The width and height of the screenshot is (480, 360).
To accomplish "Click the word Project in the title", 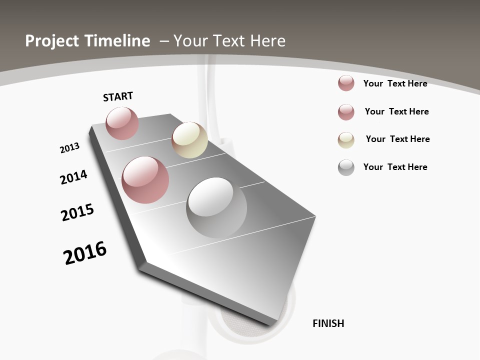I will [x=52, y=41].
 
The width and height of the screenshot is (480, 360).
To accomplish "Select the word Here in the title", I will [x=268, y=41].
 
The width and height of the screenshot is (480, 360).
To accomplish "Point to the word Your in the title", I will [x=190, y=41].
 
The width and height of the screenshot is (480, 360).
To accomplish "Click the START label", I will [x=118, y=96].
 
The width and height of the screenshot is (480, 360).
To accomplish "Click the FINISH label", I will [x=328, y=323].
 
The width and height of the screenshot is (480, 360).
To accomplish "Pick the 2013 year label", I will [x=69, y=148].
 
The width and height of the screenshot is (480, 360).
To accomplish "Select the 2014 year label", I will [x=73, y=177].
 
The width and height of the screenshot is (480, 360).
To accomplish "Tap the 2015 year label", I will [x=77, y=212].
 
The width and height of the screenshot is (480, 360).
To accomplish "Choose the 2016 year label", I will [x=85, y=253].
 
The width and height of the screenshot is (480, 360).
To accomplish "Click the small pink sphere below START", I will [x=122, y=123].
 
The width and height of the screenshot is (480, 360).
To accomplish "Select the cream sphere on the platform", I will [x=189, y=140].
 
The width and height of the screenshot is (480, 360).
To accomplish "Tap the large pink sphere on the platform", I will [x=145, y=180].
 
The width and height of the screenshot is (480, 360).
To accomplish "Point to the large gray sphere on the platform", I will [x=216, y=207].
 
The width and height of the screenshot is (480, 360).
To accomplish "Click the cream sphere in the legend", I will [x=346, y=140].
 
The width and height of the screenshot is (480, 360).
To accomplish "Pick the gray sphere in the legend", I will [x=346, y=167].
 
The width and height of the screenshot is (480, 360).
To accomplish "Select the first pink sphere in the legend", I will [x=346, y=83].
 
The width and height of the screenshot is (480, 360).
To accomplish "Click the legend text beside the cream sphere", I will [x=397, y=139].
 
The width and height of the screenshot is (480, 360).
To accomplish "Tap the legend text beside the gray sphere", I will [x=395, y=167].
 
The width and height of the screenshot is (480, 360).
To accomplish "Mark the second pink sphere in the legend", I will [x=346, y=112].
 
